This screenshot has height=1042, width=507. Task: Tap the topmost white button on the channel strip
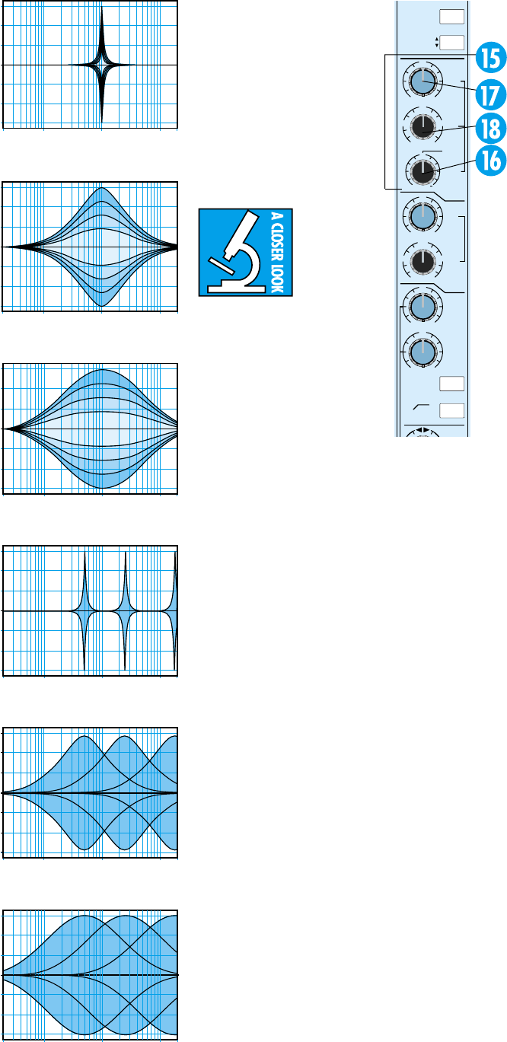pyautogui.click(x=451, y=16)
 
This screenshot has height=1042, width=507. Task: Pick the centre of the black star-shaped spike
pyautogui.click(x=101, y=65)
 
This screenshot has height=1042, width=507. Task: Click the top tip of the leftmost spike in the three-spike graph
pyautogui.click(x=84, y=554)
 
